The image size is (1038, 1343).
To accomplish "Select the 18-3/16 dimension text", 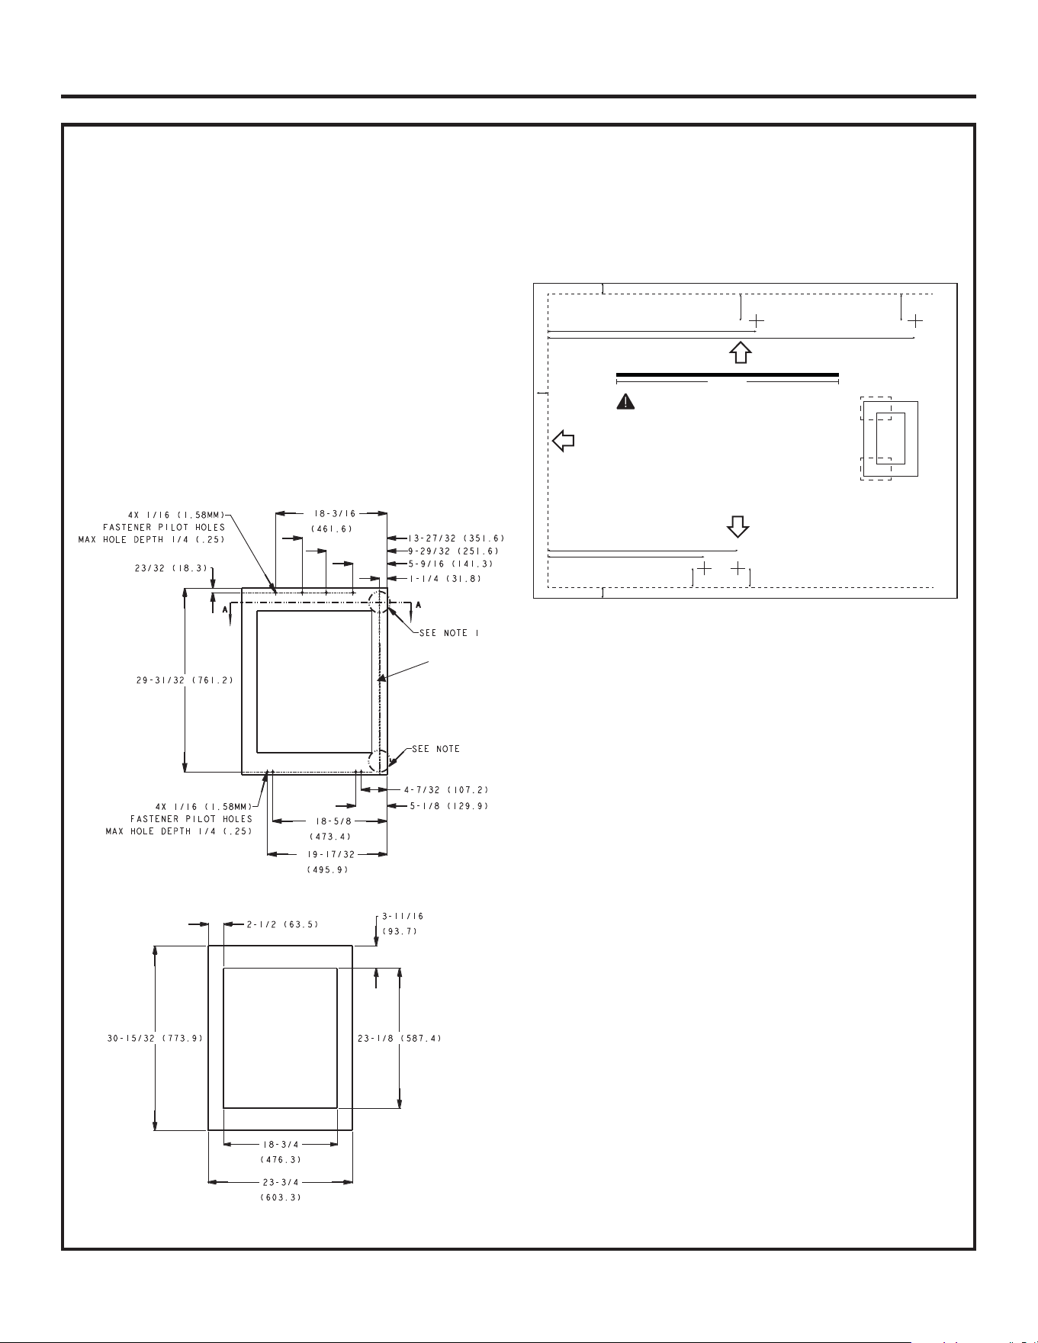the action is [x=331, y=513].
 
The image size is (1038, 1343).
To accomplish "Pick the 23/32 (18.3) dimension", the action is [x=167, y=567].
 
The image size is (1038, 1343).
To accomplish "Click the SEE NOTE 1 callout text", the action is [x=449, y=633].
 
